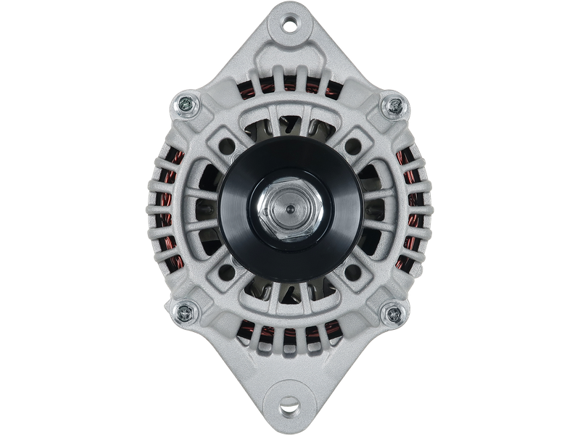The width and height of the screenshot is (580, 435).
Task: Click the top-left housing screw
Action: pos(185,107)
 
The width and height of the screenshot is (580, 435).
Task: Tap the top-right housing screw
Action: pos(393,107)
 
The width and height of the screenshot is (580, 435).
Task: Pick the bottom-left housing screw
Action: pos(185,313)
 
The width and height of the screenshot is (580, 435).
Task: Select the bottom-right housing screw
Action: pos(394,313)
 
